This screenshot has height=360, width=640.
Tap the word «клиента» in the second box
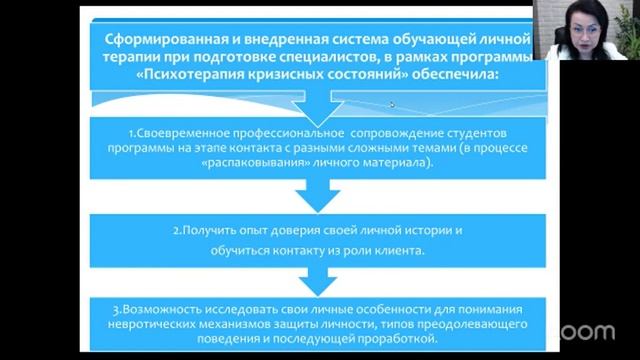(x=397, y=250)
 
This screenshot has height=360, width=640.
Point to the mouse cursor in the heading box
(x=392, y=104)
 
